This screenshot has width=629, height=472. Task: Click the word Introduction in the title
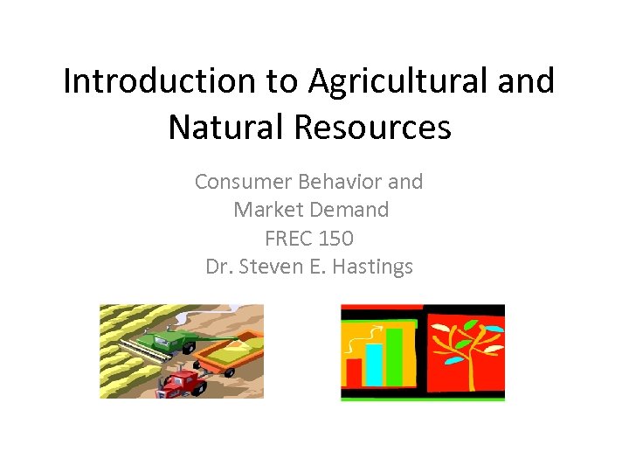(156, 81)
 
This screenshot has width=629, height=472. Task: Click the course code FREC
(288, 238)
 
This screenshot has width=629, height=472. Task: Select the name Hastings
(374, 267)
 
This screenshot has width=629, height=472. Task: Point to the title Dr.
(218, 267)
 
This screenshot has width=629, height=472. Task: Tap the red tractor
(181, 381)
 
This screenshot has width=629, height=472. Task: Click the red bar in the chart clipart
(354, 371)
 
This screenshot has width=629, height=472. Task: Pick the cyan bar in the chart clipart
(374, 364)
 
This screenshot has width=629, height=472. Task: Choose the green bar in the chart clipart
(394, 355)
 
